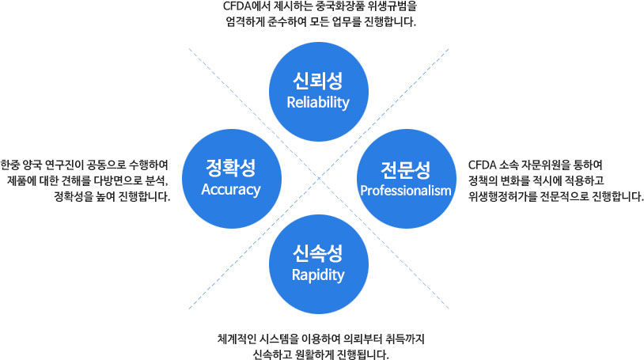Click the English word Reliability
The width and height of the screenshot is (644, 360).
pyautogui.click(x=318, y=103)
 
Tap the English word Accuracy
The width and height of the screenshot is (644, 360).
pyautogui.click(x=231, y=189)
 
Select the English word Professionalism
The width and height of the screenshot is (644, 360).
pyautogui.click(x=406, y=190)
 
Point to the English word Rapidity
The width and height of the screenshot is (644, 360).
pyautogui.click(x=318, y=275)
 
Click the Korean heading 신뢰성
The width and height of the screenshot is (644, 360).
pyautogui.click(x=318, y=81)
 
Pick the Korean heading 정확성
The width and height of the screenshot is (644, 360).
pyautogui.click(x=231, y=167)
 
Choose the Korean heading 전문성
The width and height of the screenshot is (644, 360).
pyautogui.click(x=406, y=170)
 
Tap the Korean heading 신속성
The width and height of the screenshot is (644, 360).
pyautogui.click(x=318, y=253)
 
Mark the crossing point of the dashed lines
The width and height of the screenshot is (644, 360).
pyautogui.click(x=319, y=178)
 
